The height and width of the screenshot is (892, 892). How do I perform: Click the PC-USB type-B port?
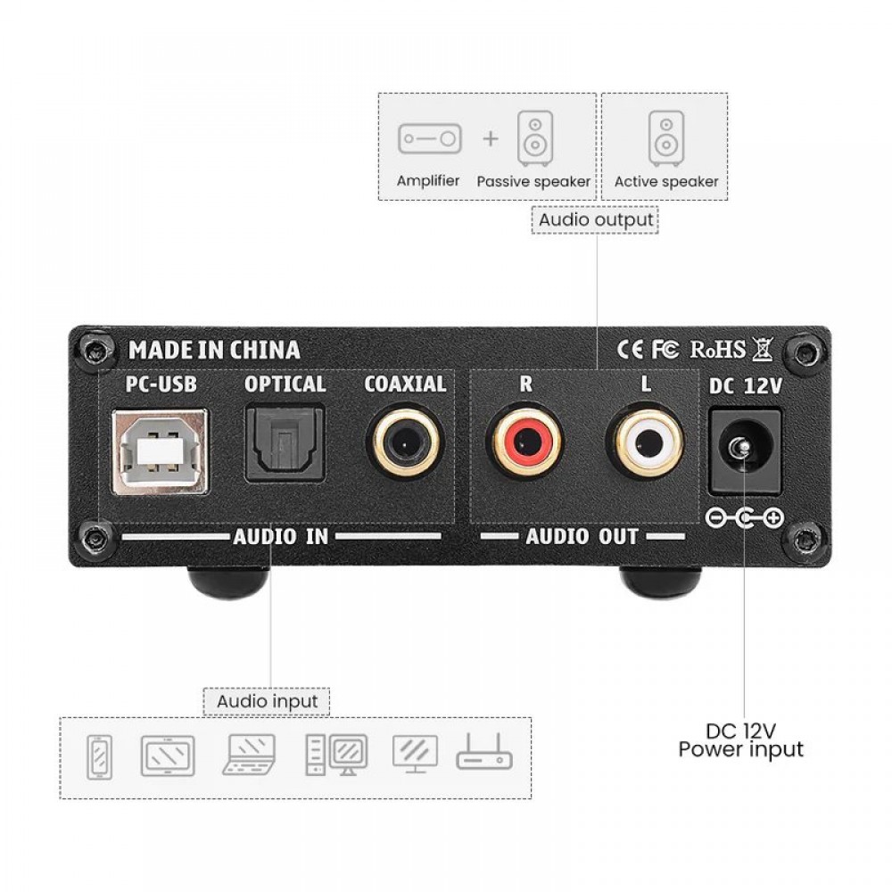click(161, 451)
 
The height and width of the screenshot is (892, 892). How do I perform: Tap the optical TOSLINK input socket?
click(285, 443)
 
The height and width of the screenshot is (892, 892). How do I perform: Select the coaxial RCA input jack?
click(406, 442)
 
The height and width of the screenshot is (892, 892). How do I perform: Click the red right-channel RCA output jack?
click(525, 441)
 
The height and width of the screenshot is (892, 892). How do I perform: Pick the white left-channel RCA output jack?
click(645, 441)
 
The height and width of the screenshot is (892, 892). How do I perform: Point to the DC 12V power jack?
click(744, 451)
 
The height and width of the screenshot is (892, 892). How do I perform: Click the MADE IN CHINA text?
click(214, 350)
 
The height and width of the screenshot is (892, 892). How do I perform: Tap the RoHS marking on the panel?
click(717, 350)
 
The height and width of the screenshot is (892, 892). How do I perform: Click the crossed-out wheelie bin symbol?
click(763, 349)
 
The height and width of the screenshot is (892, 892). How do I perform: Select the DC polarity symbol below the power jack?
click(744, 517)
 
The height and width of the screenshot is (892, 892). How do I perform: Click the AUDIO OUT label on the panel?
click(582, 536)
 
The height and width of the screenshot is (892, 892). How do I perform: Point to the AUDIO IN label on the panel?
click(280, 536)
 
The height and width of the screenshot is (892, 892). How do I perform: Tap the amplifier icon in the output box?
click(430, 139)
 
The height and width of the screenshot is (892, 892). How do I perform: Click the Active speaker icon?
click(665, 139)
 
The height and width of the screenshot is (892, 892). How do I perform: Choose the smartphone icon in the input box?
click(99, 757)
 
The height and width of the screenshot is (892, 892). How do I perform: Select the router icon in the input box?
click(484, 752)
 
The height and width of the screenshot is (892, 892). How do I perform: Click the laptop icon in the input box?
click(249, 755)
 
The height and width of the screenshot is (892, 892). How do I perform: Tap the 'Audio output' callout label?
click(596, 219)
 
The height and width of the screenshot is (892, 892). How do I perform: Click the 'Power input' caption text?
click(740, 749)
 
